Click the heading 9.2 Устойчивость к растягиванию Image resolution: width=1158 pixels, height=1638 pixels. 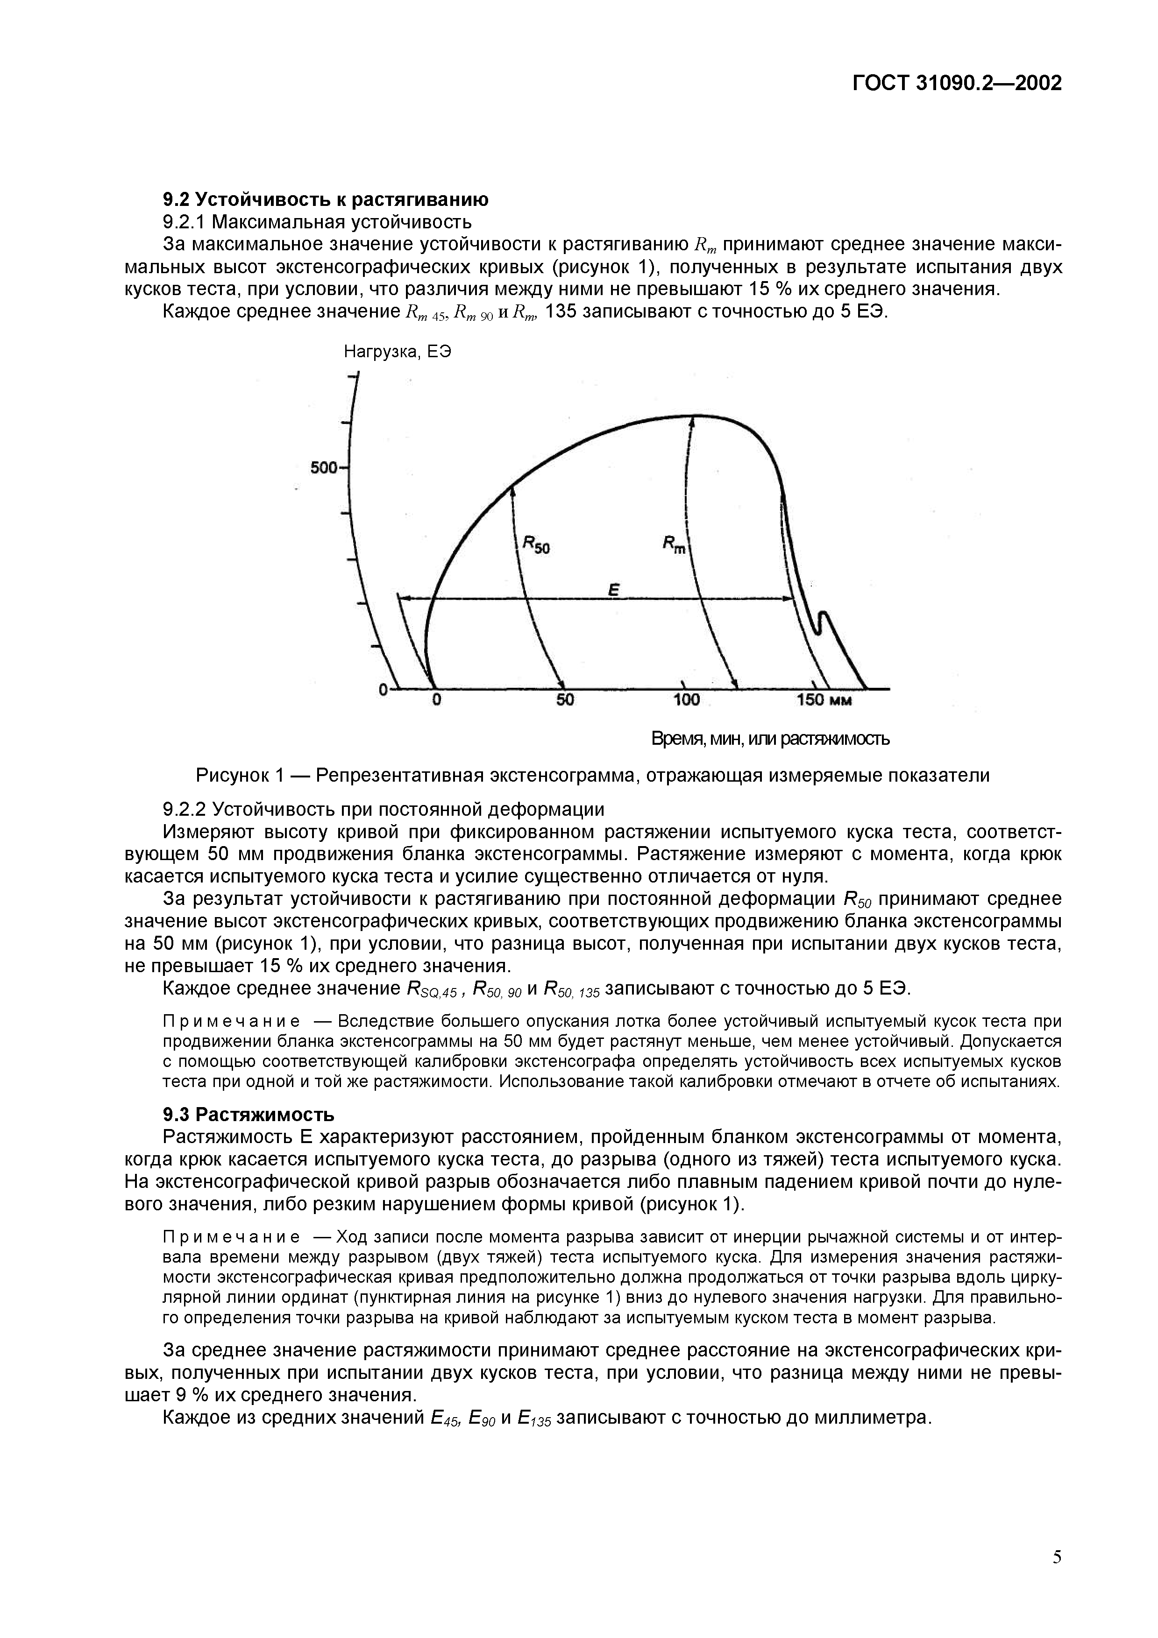[326, 199]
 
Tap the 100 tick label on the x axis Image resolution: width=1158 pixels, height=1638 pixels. [686, 700]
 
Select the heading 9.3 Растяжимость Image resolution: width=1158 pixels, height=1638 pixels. [249, 1114]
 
